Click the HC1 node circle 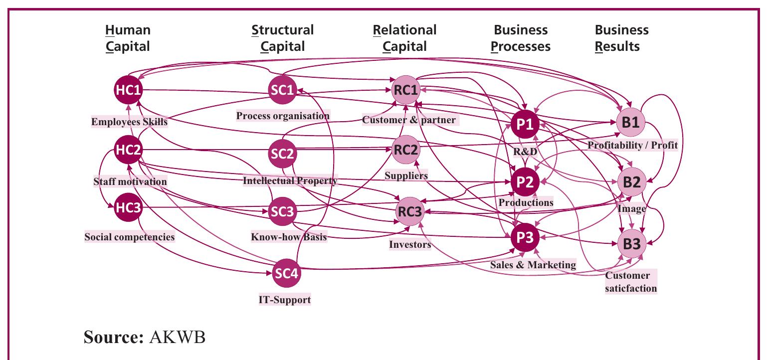129,90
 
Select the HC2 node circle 129,149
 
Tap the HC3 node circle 129,207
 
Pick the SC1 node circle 283,90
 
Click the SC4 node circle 287,274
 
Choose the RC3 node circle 409,212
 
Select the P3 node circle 525,238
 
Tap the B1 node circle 630,122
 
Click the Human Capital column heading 128,38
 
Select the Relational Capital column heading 404,38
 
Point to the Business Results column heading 621,38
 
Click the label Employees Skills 129,122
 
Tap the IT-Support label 284,300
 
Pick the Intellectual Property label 290,180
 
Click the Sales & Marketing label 533,265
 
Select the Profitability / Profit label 632,145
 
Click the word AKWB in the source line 177,337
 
